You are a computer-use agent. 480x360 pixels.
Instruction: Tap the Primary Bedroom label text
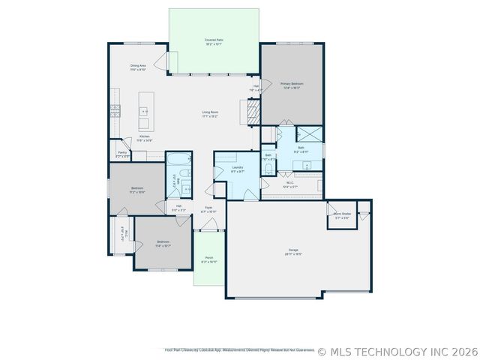pos(290,85)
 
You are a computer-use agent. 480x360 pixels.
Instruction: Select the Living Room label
pos(209,114)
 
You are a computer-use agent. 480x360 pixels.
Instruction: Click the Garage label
pos(294,252)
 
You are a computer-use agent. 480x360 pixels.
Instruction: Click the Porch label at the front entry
pos(209,259)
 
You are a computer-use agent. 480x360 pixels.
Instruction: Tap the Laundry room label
pos(237,170)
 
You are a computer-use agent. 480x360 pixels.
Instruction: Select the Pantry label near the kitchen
pos(121,153)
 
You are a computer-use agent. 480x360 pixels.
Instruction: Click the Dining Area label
pos(138,67)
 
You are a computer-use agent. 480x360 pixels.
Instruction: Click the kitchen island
pos(146,112)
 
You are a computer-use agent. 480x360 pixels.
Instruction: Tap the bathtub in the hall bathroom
pos(178,160)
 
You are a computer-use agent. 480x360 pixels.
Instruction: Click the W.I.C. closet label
pos(289,184)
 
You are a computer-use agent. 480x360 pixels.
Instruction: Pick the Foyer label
pos(208,209)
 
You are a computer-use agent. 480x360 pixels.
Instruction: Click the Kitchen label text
pos(144,138)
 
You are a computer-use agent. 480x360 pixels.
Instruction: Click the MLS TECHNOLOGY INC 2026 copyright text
pos(397,351)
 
